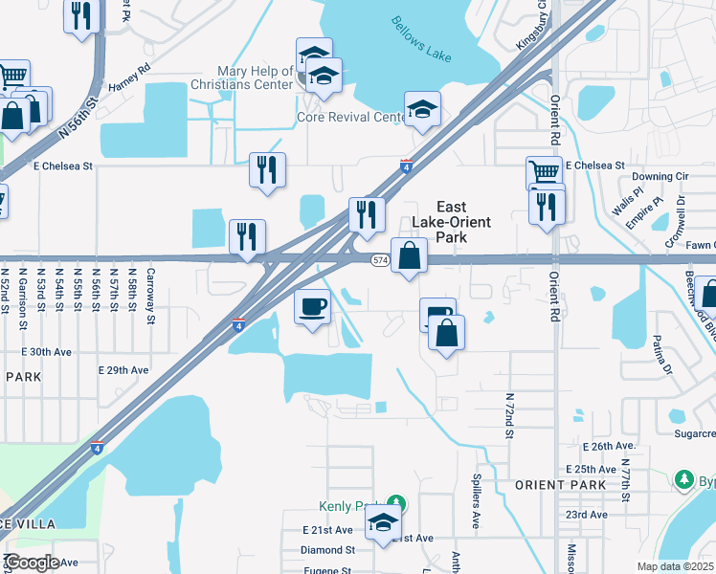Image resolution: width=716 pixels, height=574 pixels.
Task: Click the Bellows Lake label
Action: [x=421, y=38]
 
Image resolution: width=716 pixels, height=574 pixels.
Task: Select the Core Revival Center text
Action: [x=351, y=118]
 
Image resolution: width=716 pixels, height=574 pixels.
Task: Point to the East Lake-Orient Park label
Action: [x=451, y=222]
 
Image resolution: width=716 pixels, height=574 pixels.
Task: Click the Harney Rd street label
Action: [x=130, y=70]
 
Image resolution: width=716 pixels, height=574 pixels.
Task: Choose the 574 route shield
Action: [x=380, y=260]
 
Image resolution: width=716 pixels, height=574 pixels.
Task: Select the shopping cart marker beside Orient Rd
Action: [x=544, y=174]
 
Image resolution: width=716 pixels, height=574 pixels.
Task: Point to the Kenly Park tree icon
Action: [x=396, y=503]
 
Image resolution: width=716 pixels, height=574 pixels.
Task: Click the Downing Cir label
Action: [x=660, y=177]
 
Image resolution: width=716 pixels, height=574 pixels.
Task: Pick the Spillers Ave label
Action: [x=476, y=499]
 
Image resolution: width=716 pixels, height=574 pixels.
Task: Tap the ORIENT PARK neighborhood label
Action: [x=560, y=485]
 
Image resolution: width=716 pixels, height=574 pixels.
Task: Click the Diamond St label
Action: [x=327, y=550]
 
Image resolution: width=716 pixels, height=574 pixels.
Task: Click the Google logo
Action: [x=31, y=563]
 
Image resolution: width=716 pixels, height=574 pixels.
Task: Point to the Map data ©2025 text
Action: [x=674, y=566]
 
